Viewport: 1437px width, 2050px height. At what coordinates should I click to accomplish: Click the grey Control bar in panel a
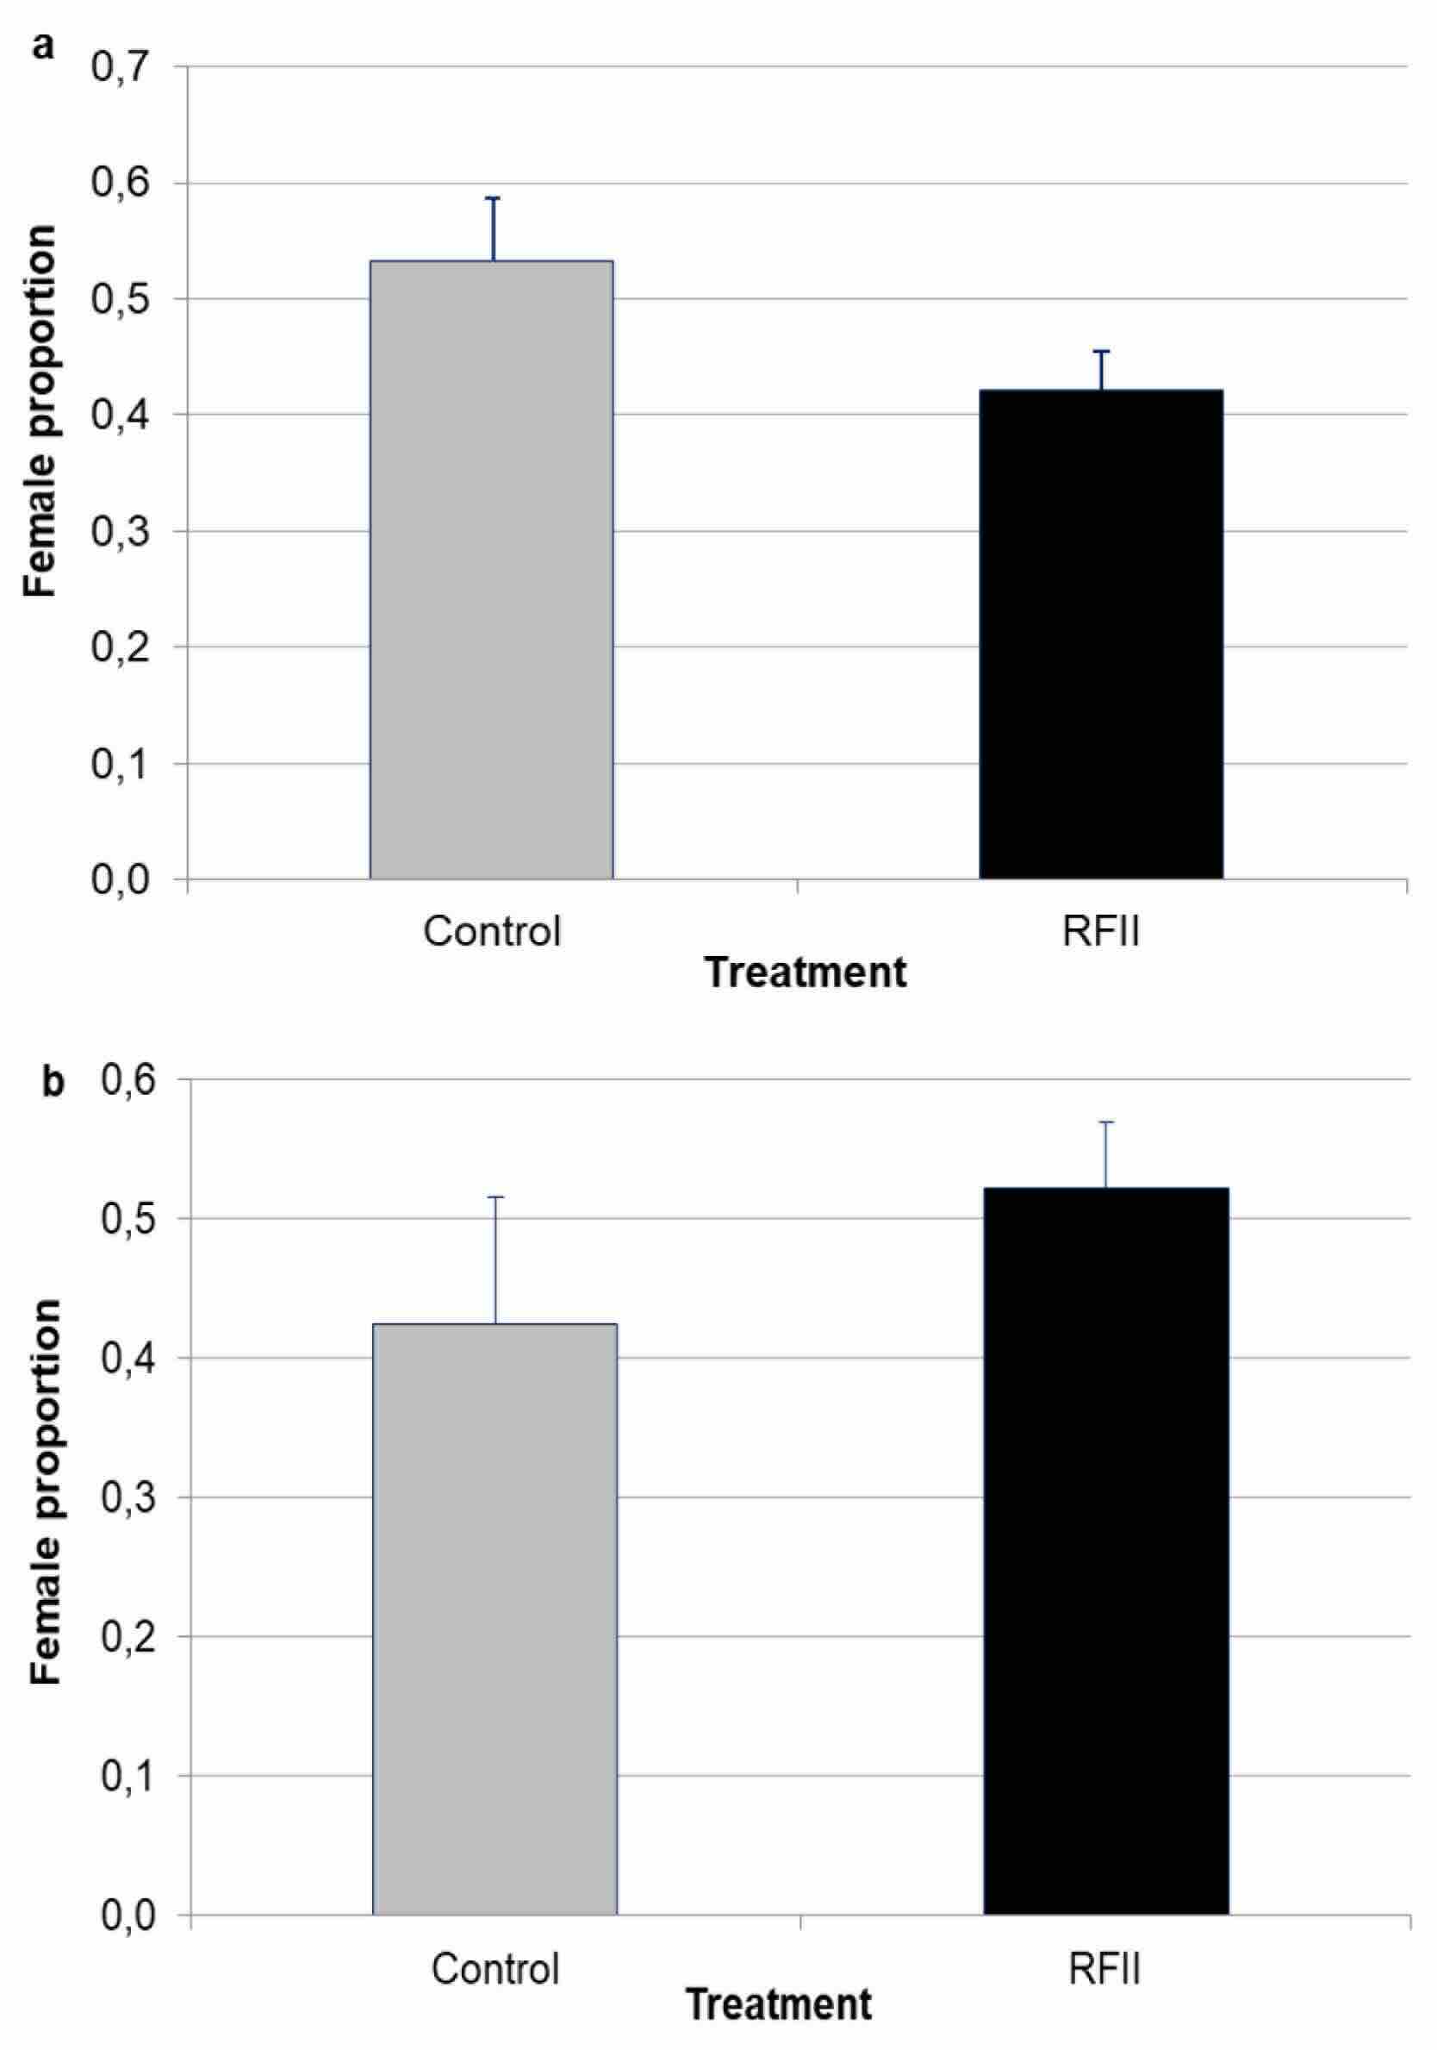pyautogui.click(x=491, y=572)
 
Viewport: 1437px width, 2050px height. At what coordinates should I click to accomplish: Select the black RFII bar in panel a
pyautogui.click(x=1100, y=634)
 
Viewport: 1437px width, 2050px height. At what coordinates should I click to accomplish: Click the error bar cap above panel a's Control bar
pyautogui.click(x=493, y=199)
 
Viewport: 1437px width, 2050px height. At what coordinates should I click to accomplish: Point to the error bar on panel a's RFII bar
pyautogui.click(x=1101, y=368)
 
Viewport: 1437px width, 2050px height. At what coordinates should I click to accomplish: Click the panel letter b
pyautogui.click(x=53, y=1084)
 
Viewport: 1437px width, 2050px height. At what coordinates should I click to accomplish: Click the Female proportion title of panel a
pyautogui.click(x=40, y=410)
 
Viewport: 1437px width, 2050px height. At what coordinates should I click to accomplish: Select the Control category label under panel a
pyautogui.click(x=492, y=931)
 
